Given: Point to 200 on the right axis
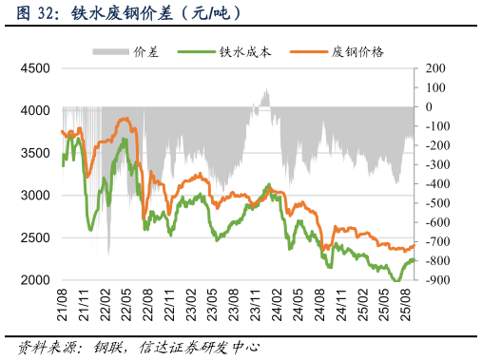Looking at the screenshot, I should (x=435, y=68).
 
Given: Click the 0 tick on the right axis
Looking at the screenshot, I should (x=430, y=106).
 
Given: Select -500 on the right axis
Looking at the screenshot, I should (x=437, y=203).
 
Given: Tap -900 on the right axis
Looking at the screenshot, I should (x=437, y=280).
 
